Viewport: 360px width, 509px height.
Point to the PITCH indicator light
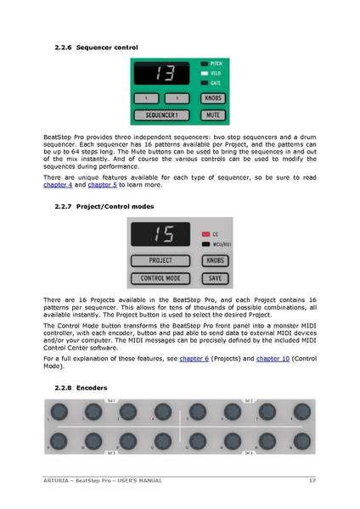coord(205,64)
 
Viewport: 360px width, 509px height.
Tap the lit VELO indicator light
coord(205,73)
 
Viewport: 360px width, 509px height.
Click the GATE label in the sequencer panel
coord(217,83)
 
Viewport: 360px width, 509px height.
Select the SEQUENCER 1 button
coord(161,114)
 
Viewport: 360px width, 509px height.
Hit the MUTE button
coord(212,114)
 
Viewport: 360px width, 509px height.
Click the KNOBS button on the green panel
coord(212,98)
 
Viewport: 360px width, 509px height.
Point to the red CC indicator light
coord(205,233)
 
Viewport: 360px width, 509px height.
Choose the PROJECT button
coord(161,261)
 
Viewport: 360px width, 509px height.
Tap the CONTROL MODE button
coord(161,277)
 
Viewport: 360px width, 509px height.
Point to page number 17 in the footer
coord(312,482)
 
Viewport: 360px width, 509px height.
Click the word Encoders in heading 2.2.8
coord(91,388)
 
